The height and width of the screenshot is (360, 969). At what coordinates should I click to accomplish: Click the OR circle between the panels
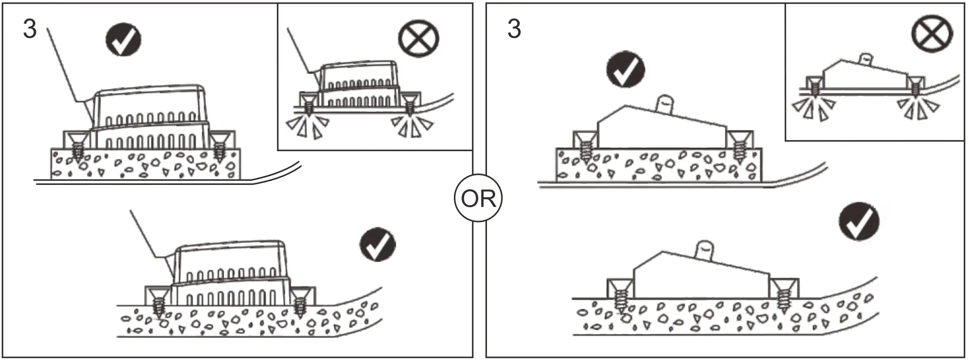point(478,198)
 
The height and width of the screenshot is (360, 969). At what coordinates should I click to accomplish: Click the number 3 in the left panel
point(30,29)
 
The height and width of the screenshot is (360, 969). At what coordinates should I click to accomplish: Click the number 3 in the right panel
point(514,29)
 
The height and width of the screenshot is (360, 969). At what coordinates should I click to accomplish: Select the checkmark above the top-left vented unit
point(123,39)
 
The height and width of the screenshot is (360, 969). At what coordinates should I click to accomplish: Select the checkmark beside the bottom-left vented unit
point(377,244)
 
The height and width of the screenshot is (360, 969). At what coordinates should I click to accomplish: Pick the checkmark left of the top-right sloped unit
point(625,69)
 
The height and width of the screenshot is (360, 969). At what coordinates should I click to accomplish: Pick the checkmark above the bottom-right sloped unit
point(858,221)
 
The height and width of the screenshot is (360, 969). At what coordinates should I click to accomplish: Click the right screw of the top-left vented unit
point(219,149)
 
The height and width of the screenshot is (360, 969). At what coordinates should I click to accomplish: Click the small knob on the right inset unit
point(866,58)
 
